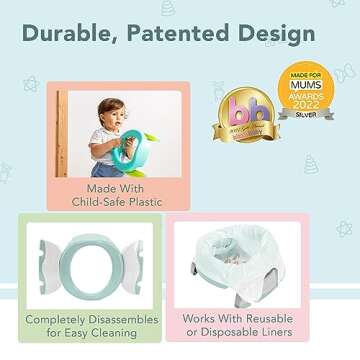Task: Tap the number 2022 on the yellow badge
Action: click(x=306, y=102)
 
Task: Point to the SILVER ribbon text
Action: click(x=306, y=115)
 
